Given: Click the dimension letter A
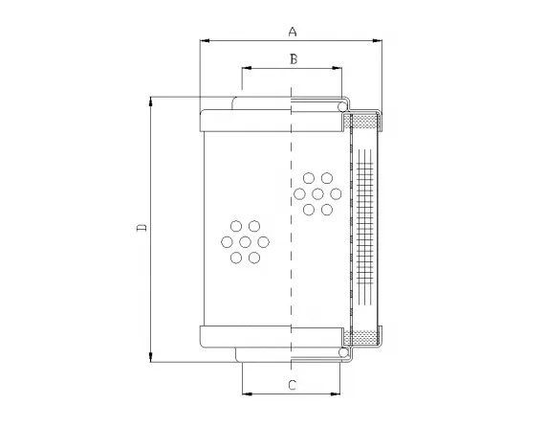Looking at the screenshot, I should click(x=293, y=31).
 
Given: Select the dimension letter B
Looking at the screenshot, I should click(x=294, y=59).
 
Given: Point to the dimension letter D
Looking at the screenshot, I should click(x=141, y=227).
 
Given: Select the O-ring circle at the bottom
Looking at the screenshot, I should click(x=340, y=353).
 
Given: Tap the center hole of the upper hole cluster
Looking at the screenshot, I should click(x=316, y=193).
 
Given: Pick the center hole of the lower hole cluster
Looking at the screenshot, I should click(x=245, y=241).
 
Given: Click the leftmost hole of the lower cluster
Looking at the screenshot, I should click(x=228, y=241).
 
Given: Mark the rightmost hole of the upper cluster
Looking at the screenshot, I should click(x=335, y=193).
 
